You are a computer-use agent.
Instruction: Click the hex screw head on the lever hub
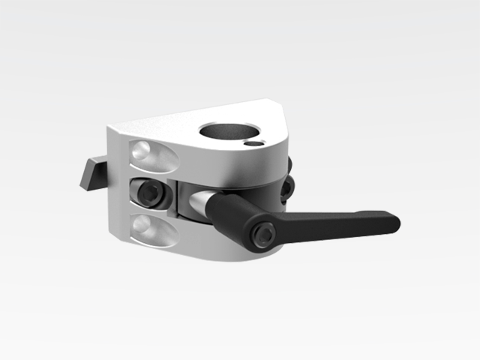point(263,235)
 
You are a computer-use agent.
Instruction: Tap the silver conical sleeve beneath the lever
point(202,201)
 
